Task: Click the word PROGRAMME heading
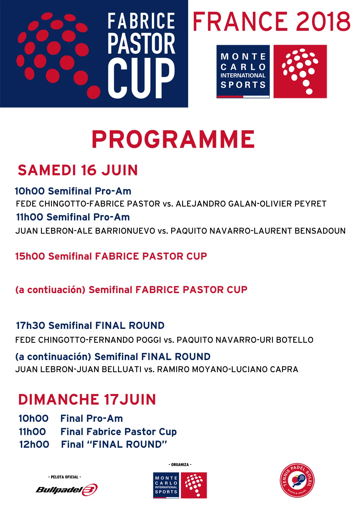coord(173,139)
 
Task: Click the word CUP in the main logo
coord(141,78)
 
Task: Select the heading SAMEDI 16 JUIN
coord(78,170)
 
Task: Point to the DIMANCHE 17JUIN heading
coord(87,400)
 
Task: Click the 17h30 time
coord(30,325)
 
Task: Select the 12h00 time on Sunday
coord(34,444)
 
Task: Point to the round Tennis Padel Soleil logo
coord(297,481)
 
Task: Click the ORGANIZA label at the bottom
coord(180,464)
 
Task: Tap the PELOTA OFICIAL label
coord(64,477)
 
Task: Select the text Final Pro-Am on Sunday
coord(92,418)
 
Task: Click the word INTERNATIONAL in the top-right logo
coord(243,76)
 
